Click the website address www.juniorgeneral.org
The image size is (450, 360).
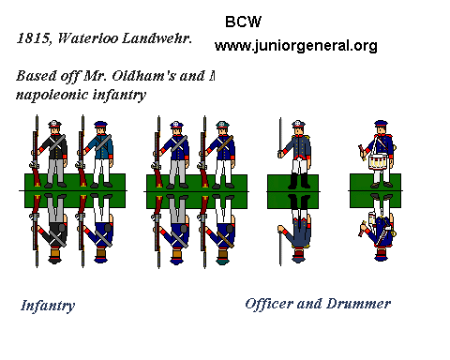pos(295,45)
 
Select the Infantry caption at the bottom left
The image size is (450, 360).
pos(47,305)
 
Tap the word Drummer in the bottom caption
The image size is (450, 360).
pos(357,304)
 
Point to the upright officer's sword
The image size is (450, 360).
pos(278,141)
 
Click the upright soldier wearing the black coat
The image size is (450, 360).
pos(54,150)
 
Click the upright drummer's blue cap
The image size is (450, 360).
pos(381,124)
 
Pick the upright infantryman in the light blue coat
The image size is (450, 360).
pos(99,150)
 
